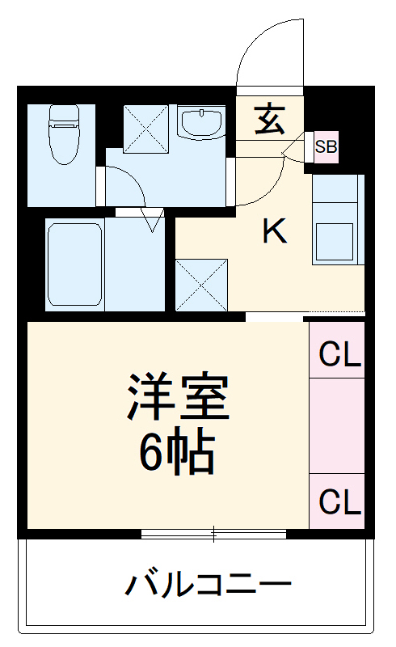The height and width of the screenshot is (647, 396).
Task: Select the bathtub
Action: (x=74, y=263)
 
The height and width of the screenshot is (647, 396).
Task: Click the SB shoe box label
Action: (x=326, y=147)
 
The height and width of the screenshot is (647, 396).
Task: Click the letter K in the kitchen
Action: (x=275, y=233)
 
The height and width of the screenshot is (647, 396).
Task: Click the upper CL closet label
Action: (x=339, y=354)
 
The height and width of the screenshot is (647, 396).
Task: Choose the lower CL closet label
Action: (x=339, y=501)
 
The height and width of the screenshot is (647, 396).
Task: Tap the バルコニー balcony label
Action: (x=207, y=584)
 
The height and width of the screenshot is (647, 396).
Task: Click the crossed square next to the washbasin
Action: (x=146, y=128)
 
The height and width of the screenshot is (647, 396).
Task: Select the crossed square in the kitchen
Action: (x=201, y=284)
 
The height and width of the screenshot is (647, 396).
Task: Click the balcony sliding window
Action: (x=214, y=534)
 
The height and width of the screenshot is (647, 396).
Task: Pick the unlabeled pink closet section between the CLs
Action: (x=338, y=425)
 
